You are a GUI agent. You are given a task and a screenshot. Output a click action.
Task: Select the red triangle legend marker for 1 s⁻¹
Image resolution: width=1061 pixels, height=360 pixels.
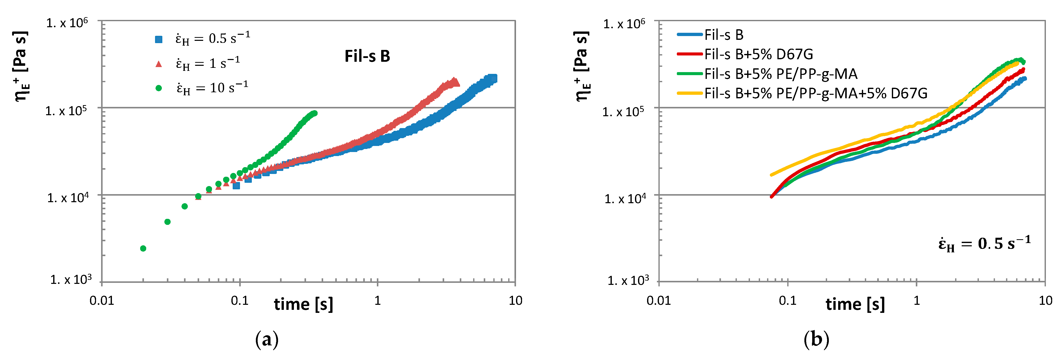(x=159, y=64)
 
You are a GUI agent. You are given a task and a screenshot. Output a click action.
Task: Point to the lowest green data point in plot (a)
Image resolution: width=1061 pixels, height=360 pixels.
(x=143, y=248)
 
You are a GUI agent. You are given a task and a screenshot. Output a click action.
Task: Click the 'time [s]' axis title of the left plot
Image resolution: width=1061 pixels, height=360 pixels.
(x=303, y=304)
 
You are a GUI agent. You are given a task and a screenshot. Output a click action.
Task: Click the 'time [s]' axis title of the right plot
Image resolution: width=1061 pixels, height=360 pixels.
(x=855, y=304)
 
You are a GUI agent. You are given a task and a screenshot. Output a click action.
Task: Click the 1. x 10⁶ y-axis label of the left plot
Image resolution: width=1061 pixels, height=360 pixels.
(x=67, y=23)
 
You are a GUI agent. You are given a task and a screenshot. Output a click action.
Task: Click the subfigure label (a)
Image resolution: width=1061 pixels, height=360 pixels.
(x=267, y=340)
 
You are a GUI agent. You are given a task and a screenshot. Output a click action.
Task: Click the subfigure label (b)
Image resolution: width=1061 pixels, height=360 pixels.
(x=816, y=340)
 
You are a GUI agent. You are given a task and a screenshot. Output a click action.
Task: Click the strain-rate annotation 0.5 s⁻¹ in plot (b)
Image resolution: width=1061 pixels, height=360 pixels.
(x=984, y=244)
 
